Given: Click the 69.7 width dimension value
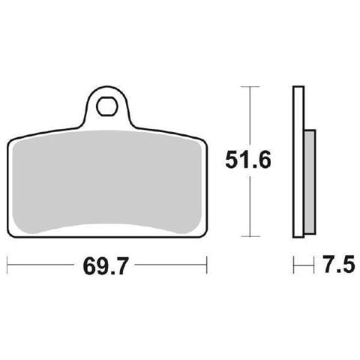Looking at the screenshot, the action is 106,265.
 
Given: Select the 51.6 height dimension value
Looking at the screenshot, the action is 248,160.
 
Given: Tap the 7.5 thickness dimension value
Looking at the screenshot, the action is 338,264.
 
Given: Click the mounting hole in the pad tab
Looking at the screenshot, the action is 106,106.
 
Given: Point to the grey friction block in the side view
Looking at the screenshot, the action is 310,182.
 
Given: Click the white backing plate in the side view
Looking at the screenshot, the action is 298,162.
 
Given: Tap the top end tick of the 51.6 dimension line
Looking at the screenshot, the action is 250,87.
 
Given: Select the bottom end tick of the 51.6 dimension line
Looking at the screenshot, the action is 250,236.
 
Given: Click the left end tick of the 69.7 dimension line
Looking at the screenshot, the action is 7,265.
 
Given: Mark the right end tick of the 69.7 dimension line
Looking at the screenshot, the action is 206,265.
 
